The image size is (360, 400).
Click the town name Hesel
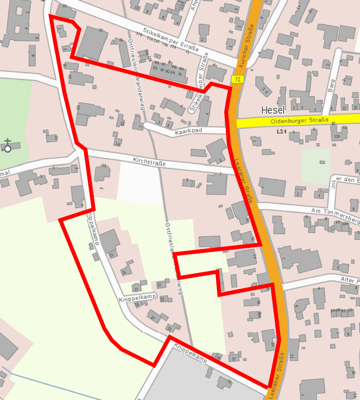(x=274, y=110)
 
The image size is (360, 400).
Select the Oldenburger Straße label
(x=299, y=121)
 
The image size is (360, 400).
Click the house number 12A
(x=337, y=136)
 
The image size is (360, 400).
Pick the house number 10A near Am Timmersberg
(x=345, y=224)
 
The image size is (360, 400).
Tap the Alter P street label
(x=350, y=280)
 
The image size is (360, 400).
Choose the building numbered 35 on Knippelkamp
(x=218, y=357)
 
